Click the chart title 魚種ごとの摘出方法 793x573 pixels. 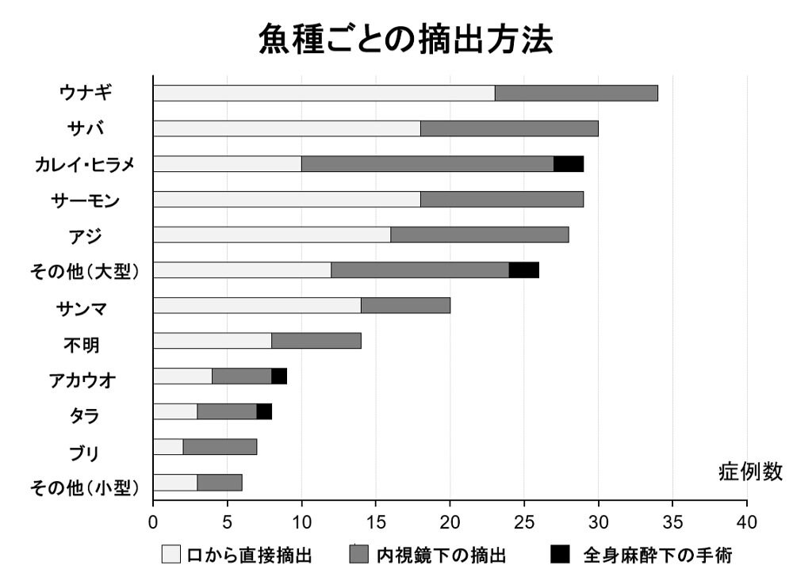pyautogui.click(x=404, y=38)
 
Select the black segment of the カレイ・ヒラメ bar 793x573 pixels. pyautogui.click(x=569, y=164)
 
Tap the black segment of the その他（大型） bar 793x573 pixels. pyautogui.click(x=523, y=270)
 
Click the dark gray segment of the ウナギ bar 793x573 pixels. pyautogui.click(x=577, y=93)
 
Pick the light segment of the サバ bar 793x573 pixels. pyautogui.click(x=286, y=128)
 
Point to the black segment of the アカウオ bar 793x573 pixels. pyautogui.click(x=279, y=376)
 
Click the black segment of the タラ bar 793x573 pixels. pyautogui.click(x=264, y=412)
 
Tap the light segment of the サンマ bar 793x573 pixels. pyautogui.click(x=257, y=306)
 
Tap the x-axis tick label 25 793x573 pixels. pyautogui.click(x=524, y=522)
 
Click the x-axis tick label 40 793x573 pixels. pyautogui.click(x=746, y=522)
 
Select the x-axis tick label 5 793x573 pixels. pyautogui.click(x=228, y=522)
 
